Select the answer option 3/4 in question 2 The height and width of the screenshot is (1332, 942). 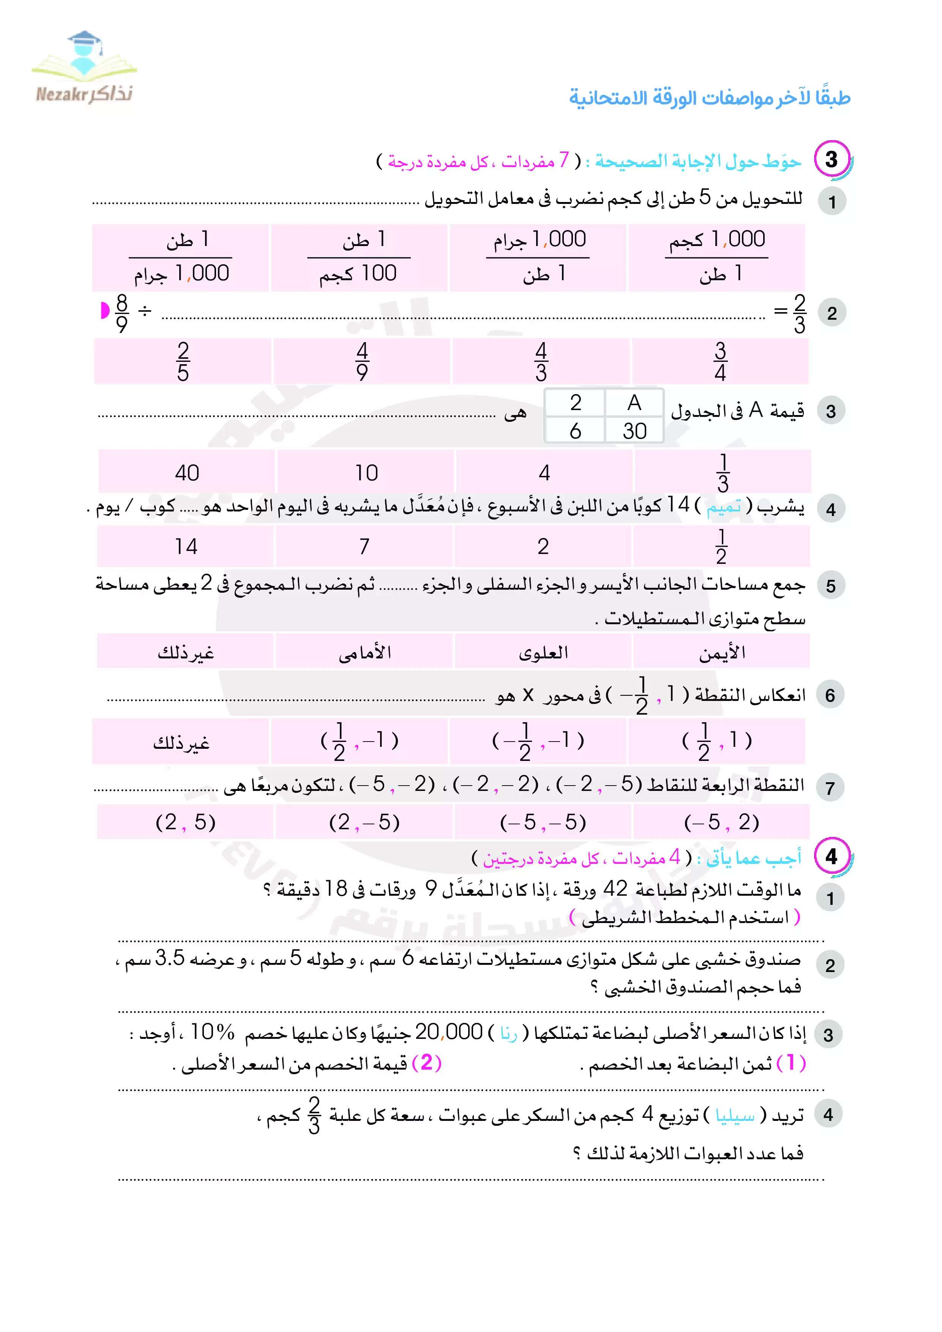click(x=720, y=361)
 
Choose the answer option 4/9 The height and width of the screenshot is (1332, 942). click(x=362, y=361)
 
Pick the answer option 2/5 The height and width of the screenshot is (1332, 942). click(x=183, y=361)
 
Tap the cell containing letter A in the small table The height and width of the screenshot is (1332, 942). click(x=634, y=402)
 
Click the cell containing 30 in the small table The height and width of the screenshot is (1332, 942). click(x=634, y=431)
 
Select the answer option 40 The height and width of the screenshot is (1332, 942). click(x=187, y=473)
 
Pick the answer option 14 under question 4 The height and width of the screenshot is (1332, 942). click(x=186, y=546)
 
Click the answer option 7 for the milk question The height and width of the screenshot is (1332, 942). click(x=364, y=546)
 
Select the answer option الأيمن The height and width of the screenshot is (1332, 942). click(x=721, y=653)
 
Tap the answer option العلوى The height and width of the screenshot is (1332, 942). click(x=543, y=653)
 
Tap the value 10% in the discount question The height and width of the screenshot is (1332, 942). click(x=212, y=1032)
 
